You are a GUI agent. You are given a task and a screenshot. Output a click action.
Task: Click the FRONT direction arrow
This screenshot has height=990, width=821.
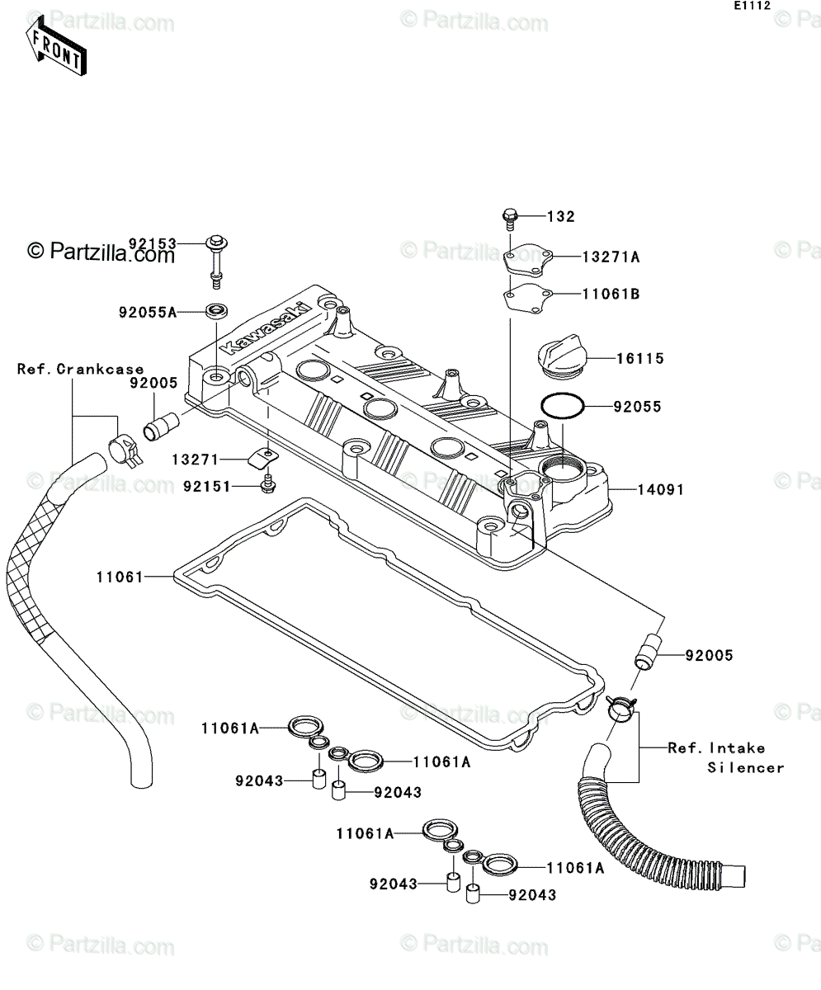tap(56, 46)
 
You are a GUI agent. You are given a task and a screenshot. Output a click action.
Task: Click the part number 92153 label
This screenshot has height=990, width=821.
tap(153, 243)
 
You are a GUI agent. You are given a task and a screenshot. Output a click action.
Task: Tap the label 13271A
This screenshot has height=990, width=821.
tap(611, 257)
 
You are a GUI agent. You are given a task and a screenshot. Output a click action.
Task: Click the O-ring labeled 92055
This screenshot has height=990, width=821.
tap(562, 406)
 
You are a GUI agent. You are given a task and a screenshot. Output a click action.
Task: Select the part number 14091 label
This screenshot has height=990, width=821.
tap(660, 490)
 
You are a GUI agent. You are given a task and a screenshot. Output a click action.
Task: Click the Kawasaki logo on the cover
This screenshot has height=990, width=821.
tap(268, 328)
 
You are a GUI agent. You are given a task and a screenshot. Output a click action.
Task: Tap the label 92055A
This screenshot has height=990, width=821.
tap(147, 313)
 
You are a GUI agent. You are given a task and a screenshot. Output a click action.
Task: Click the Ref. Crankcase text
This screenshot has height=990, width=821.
tap(81, 369)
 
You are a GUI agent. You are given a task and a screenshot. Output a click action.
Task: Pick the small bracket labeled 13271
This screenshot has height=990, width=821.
tap(264, 459)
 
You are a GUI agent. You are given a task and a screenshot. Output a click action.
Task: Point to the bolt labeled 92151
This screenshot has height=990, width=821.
tap(268, 484)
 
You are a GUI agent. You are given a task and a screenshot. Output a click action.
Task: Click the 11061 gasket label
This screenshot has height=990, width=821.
tap(120, 577)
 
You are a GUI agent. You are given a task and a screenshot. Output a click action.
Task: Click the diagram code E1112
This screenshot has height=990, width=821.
tap(753, 6)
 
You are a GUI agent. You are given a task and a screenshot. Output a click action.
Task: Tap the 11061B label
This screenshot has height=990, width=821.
tap(611, 295)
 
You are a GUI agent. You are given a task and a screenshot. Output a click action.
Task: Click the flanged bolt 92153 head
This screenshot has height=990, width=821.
tap(216, 243)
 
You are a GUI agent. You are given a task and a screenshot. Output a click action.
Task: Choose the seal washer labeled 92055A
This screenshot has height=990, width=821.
tap(216, 311)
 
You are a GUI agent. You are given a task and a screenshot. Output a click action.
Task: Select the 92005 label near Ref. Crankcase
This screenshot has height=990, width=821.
tap(153, 383)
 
